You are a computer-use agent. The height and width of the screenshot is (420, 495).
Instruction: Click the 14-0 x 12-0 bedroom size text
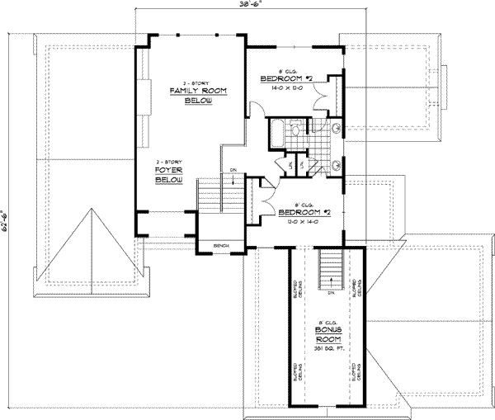click(283, 86)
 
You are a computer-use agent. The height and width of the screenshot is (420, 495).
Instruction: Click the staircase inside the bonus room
click(329, 269)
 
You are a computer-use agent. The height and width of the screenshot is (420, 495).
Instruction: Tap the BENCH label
click(220, 246)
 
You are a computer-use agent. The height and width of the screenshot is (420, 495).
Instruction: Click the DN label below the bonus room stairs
click(329, 291)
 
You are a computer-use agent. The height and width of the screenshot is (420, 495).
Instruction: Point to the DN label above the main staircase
click(234, 172)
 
